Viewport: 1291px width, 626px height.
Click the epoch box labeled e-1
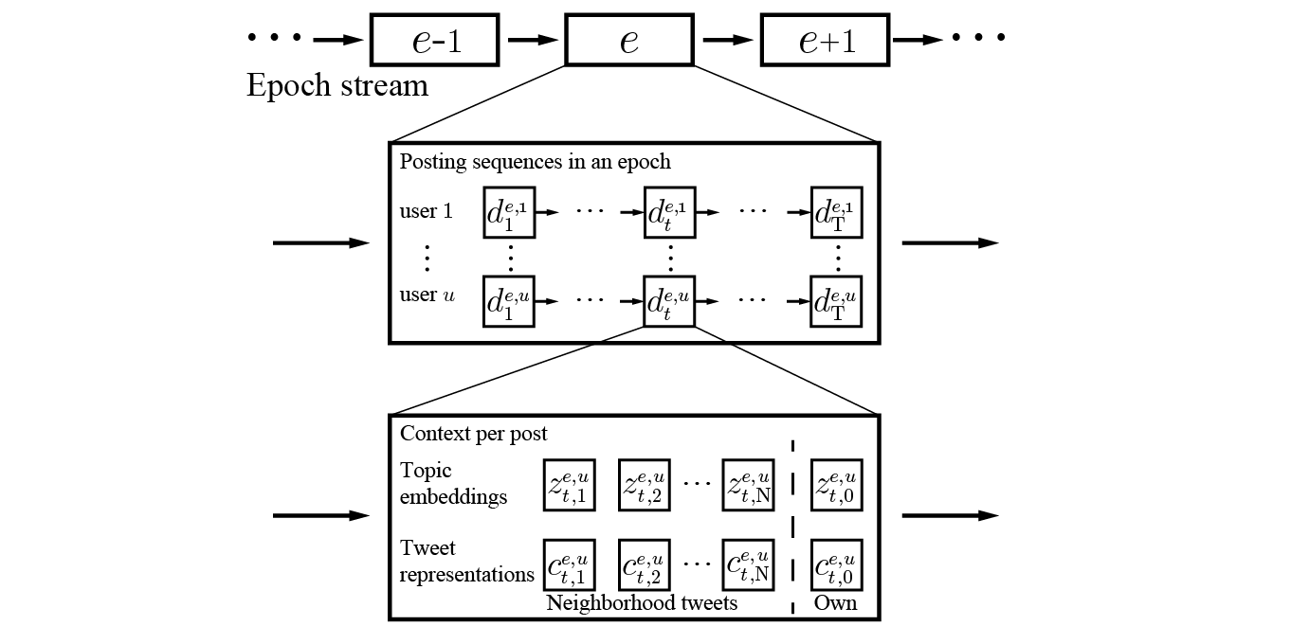[x=434, y=41]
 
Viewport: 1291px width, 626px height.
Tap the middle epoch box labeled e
[x=629, y=41]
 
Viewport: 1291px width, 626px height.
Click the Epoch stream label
[x=336, y=85]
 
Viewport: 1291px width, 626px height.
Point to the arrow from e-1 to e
[x=532, y=40]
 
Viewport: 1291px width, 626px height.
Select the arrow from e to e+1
[x=727, y=40]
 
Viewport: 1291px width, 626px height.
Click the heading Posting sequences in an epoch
[x=535, y=161]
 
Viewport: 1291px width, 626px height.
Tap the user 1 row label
[x=426, y=211]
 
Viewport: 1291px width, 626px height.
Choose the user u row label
[x=427, y=295]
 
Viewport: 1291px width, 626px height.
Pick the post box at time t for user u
[x=669, y=301]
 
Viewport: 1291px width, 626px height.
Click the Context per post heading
[x=473, y=434]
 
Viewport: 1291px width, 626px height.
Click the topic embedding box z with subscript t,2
[x=645, y=486]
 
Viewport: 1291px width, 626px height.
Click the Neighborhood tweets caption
[x=642, y=602]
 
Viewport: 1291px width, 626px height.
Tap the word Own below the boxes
[x=836, y=602]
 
